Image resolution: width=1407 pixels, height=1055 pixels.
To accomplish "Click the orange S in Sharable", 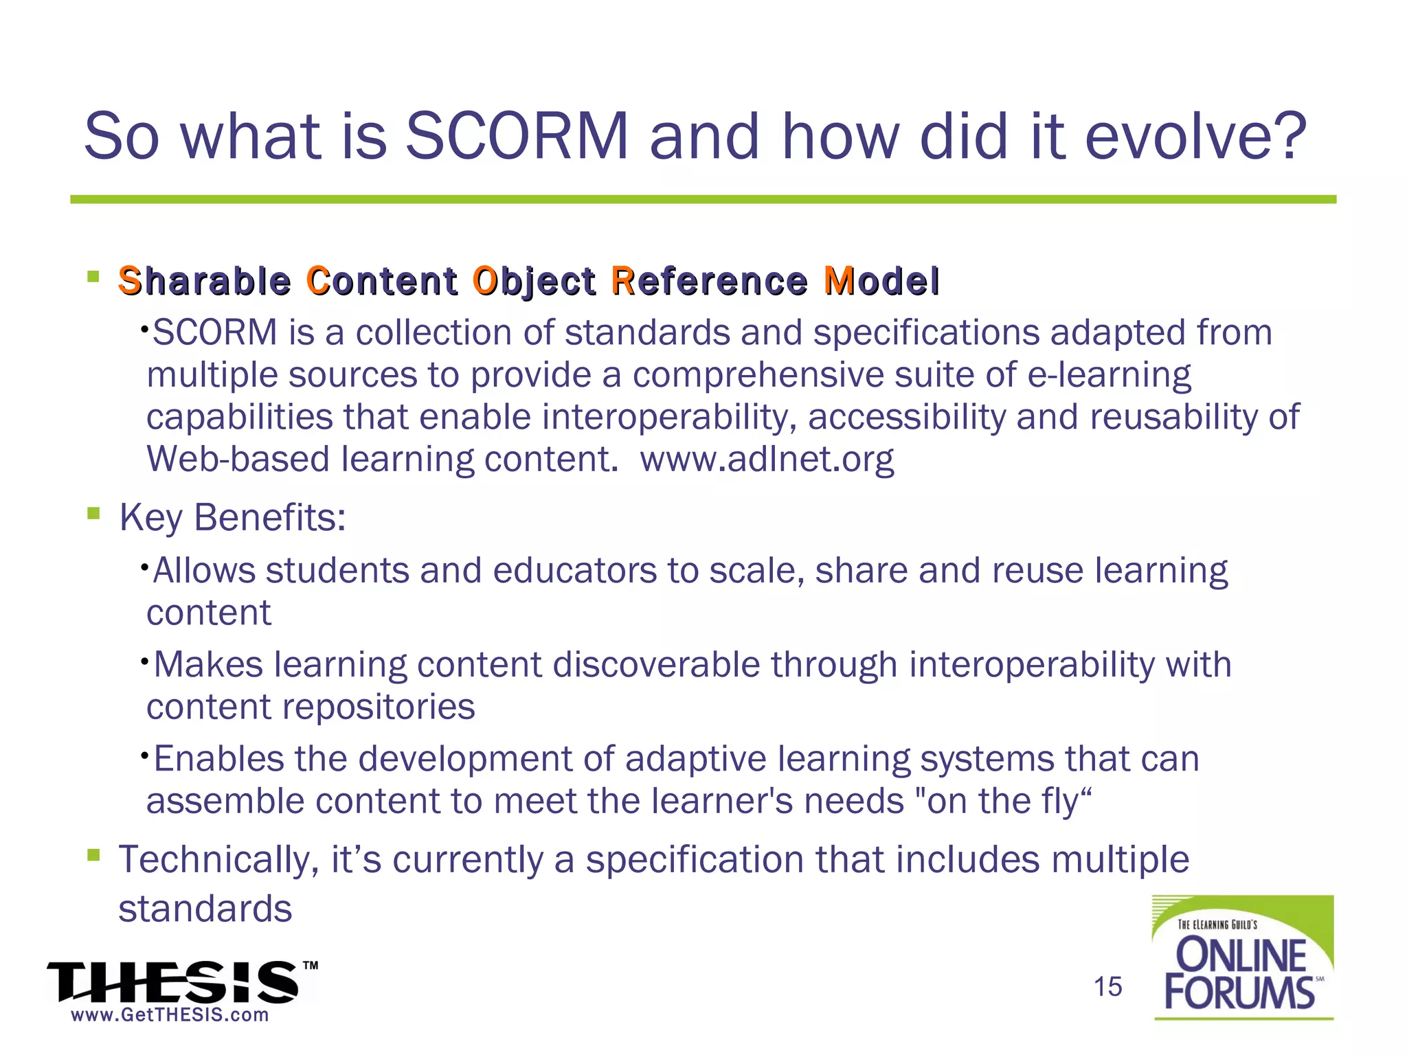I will point(130,281).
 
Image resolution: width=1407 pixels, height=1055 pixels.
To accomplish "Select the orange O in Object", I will point(484,281).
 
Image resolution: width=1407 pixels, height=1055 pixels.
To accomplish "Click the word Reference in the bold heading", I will point(709,281).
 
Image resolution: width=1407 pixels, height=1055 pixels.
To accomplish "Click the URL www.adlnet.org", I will point(767,459).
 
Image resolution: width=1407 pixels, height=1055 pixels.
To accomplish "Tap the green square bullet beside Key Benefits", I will point(94,513).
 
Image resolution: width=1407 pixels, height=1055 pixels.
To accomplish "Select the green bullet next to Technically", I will point(94,855).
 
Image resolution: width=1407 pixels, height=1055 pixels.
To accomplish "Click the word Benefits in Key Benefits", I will point(269,517).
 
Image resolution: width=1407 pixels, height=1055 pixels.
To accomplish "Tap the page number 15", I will point(1107,986).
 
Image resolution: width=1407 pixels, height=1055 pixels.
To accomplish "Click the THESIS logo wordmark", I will point(172,982).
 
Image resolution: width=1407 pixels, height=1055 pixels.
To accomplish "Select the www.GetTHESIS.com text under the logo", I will point(170,1015).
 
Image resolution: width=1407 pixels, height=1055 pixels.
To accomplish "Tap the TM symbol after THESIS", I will point(311,966).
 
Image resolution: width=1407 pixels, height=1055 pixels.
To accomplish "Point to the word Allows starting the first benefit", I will point(203,571).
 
